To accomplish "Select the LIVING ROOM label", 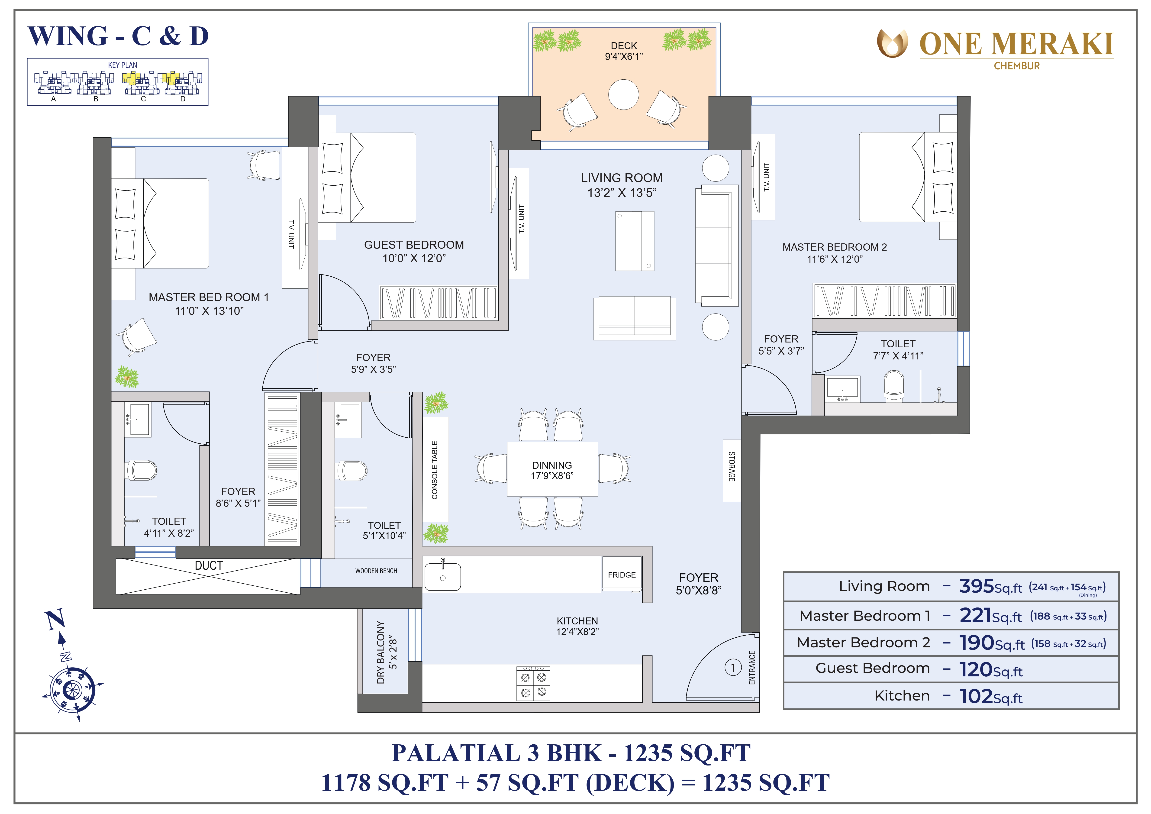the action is (622, 178).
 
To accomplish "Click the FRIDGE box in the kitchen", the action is (622, 574).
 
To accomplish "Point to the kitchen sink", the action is (443, 576).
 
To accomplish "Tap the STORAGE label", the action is (732, 467).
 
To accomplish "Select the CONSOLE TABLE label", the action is (435, 470).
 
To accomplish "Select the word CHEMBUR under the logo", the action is (1017, 66).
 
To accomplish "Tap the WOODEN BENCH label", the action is (376, 571).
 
